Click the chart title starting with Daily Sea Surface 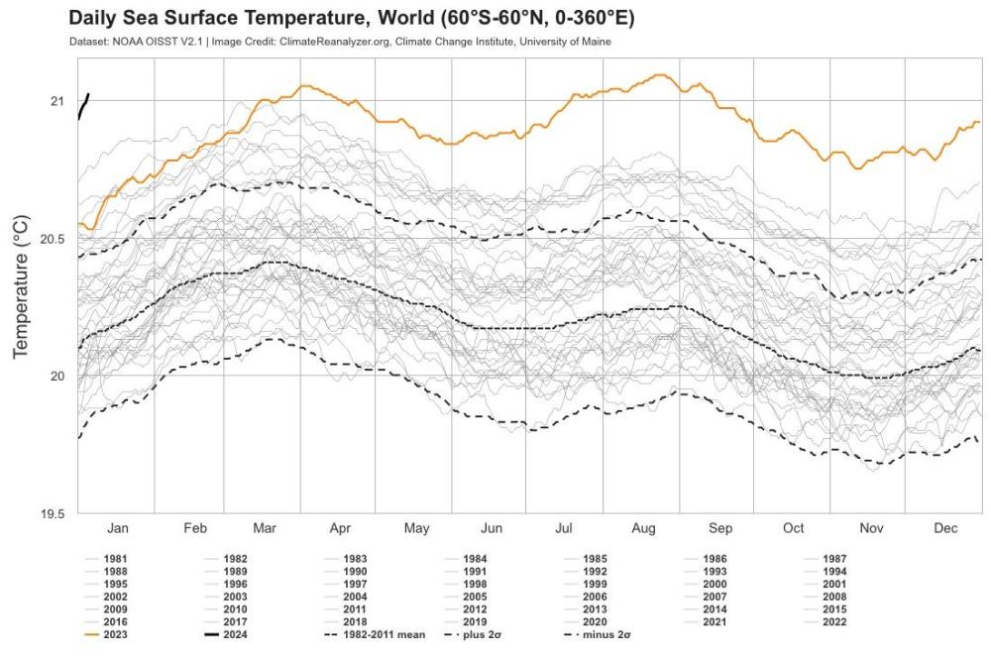[x=351, y=19]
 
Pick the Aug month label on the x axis [x=643, y=529]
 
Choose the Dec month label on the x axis [x=944, y=529]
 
